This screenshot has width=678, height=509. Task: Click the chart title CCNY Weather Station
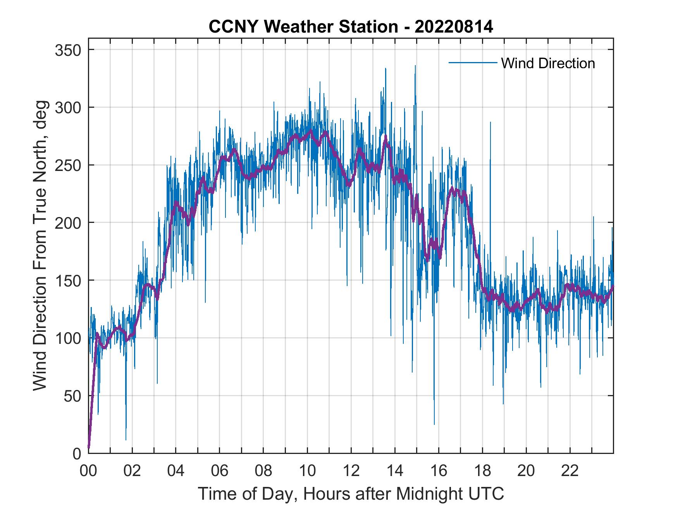point(303,27)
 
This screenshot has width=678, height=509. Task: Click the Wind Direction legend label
point(548,63)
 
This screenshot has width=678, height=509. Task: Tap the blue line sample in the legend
point(472,63)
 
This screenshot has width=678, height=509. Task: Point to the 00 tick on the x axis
point(88,471)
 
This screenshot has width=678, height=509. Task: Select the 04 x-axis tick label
point(176,471)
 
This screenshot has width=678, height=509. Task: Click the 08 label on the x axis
point(263,471)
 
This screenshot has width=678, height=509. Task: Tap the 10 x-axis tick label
point(307,471)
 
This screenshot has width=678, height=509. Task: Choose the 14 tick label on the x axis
point(395,471)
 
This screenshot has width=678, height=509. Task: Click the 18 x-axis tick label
point(482,471)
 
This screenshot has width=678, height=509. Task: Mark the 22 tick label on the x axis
point(570,471)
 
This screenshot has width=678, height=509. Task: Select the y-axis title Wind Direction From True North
point(40,245)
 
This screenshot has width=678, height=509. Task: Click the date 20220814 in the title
point(454,27)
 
